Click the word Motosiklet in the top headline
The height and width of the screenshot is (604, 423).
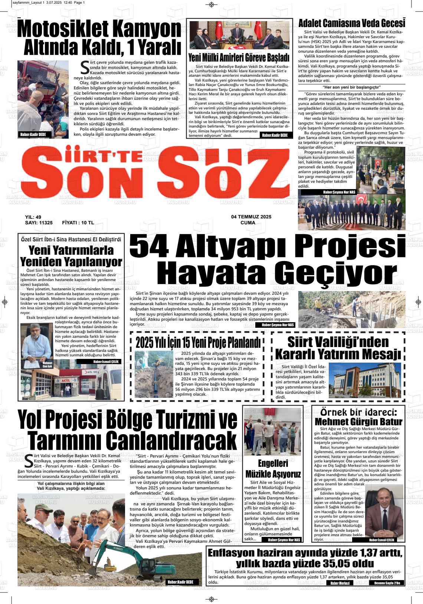click(x=63, y=29)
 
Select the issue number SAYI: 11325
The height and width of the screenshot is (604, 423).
click(x=39, y=223)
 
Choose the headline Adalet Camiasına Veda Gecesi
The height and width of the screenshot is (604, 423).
click(x=351, y=23)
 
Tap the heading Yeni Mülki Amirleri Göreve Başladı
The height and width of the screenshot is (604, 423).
click(x=239, y=58)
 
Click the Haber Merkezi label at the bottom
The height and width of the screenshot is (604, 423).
click(x=340, y=583)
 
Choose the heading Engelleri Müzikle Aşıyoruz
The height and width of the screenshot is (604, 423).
click(x=273, y=469)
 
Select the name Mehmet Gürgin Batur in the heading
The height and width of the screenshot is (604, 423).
click(x=358, y=422)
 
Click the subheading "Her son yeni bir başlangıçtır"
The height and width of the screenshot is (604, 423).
click(x=351, y=87)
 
